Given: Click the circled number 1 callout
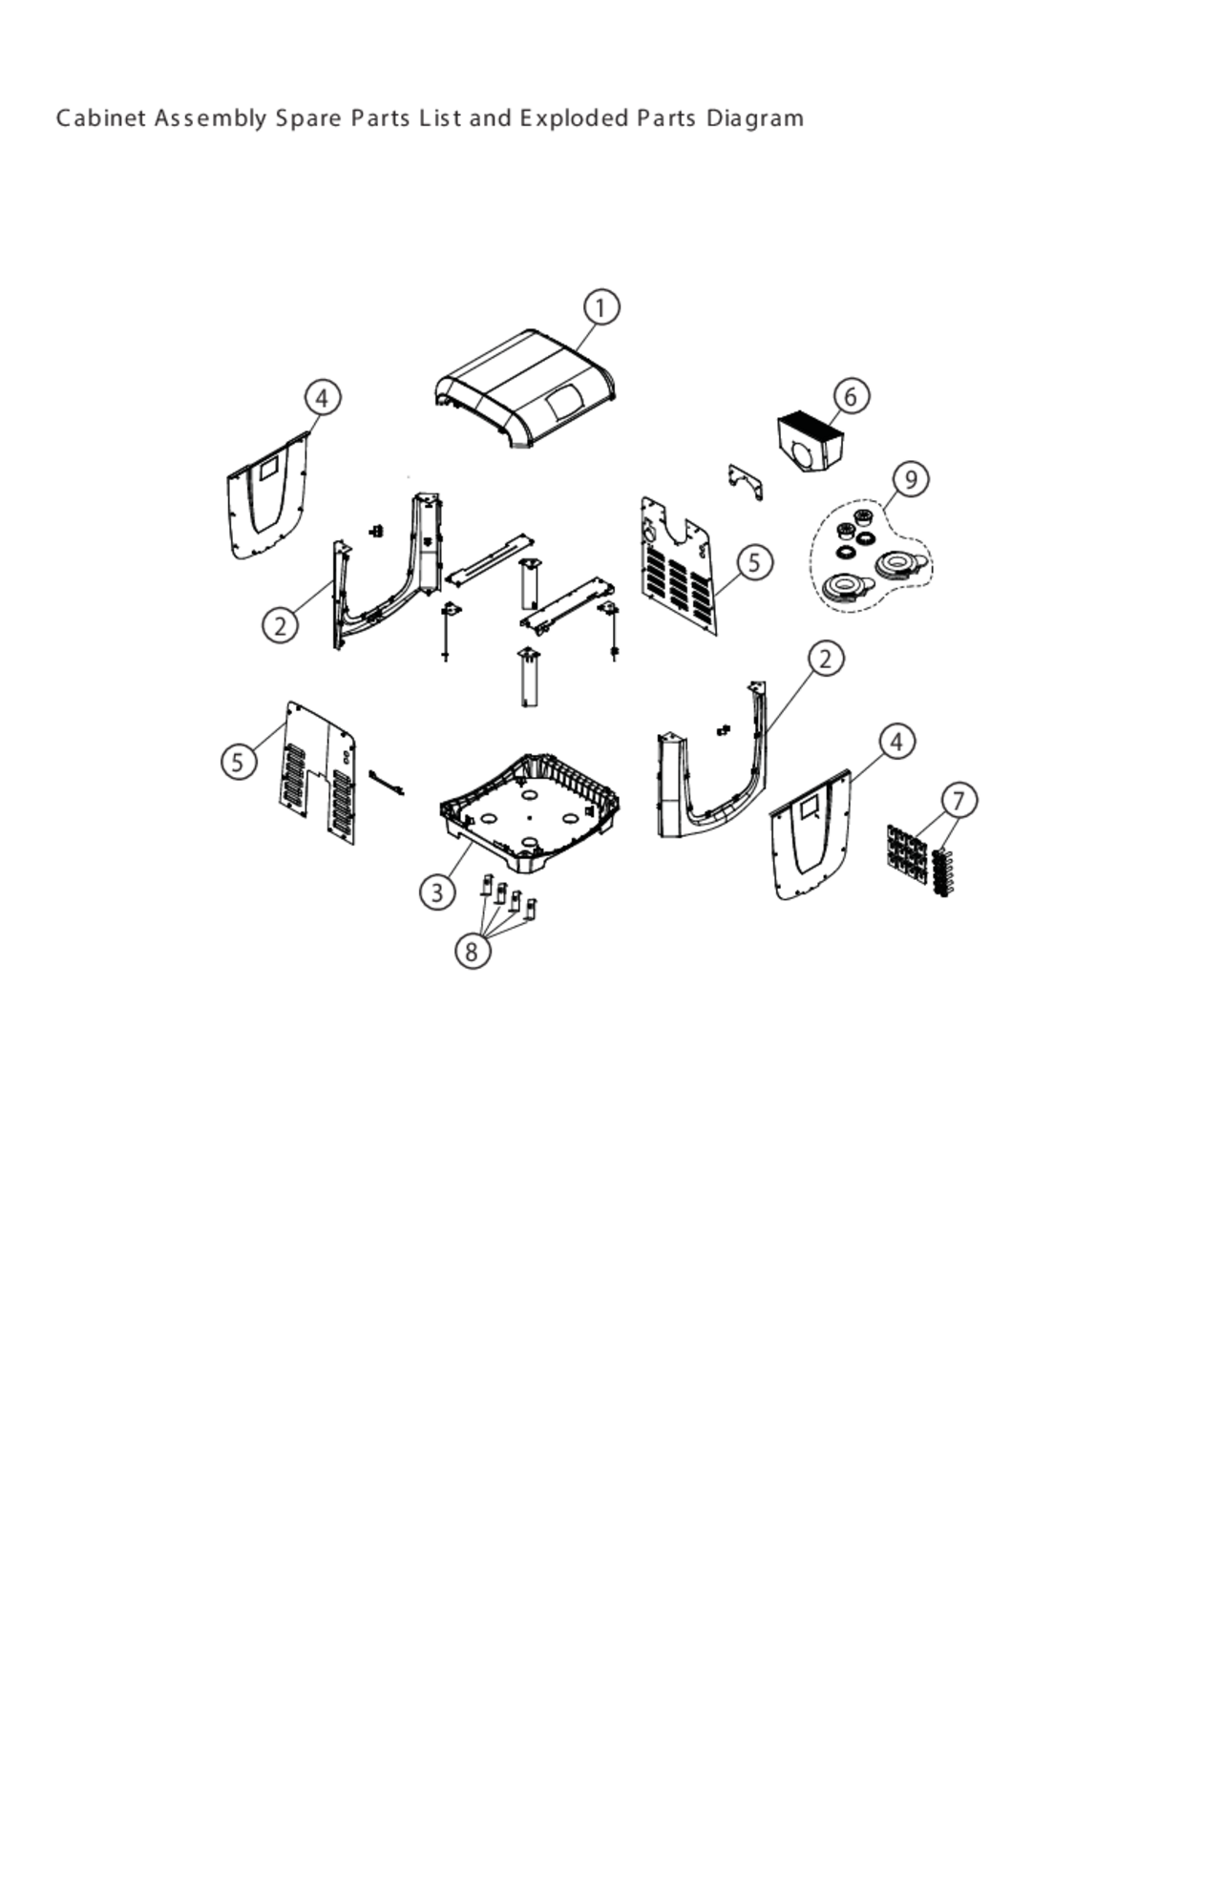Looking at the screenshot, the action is point(600,308).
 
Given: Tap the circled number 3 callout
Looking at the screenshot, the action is point(437,892).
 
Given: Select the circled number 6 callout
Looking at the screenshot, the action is point(851,395).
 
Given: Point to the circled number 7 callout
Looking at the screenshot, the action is point(959,800).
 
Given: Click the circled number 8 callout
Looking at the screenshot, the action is point(472,951).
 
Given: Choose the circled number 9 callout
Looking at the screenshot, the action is point(911,478).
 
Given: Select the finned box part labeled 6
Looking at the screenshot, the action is point(811,440).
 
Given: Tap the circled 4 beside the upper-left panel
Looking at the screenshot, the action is point(322,397).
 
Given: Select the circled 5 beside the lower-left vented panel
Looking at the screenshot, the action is point(239,762).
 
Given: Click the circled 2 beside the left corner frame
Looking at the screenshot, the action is point(280,626).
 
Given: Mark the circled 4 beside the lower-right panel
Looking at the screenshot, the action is point(895,742).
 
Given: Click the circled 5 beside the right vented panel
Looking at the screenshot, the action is point(755,562).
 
